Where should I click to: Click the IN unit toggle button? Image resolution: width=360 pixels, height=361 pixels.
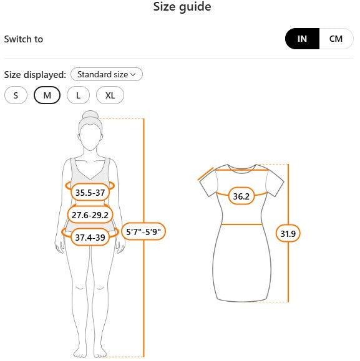pos(302,39)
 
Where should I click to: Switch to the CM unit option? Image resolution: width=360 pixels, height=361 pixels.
pos(336,39)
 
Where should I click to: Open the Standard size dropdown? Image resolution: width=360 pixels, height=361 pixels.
pos(107,74)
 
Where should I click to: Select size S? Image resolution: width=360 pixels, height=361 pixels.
pos(16,95)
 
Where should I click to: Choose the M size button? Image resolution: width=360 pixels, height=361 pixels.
pos(47,95)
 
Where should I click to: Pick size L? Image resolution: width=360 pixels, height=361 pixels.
pos(79,95)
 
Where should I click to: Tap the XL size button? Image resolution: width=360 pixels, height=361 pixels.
pos(110,95)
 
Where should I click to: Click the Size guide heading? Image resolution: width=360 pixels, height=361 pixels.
pos(182,6)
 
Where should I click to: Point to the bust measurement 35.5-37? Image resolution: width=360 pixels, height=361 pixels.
pos(90,193)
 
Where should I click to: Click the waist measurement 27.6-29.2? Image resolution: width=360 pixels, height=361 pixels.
pos(90,215)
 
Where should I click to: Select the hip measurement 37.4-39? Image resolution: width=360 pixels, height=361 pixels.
pos(90,237)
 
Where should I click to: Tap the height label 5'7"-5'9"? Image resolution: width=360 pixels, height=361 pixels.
pos(144,231)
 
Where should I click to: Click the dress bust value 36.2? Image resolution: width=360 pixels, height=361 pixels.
pos(241,196)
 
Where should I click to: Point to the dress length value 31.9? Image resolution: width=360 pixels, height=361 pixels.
pos(288,233)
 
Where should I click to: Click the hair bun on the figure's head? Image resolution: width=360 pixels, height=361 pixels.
pos(90,115)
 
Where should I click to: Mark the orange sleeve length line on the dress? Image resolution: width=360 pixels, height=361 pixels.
pos(206,174)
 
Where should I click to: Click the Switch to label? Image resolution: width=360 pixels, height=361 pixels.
pos(24,39)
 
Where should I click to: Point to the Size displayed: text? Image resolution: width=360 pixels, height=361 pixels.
pos(35,75)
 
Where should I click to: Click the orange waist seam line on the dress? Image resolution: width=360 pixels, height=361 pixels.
pos(241,224)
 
